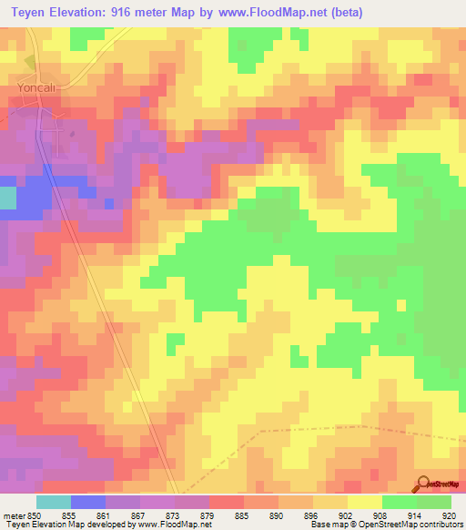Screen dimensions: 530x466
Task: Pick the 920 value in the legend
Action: click(449, 516)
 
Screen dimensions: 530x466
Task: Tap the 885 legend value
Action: click(242, 516)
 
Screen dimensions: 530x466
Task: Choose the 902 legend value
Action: click(346, 516)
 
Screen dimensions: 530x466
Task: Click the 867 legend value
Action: click(138, 516)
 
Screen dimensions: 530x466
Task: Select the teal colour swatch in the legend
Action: click(54, 502)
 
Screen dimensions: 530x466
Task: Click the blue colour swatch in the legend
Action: click(88, 502)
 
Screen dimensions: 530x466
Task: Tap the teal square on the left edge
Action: click(7, 199)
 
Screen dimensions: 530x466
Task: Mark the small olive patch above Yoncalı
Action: click(29, 63)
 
